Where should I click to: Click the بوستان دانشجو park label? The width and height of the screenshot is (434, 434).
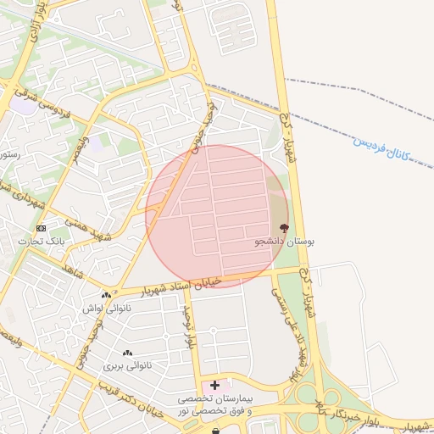pos(285,242)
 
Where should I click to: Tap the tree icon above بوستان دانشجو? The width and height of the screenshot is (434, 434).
pos(284,227)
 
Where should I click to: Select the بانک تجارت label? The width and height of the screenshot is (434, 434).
pos(42,242)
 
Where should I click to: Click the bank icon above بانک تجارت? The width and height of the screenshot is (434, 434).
pos(41,228)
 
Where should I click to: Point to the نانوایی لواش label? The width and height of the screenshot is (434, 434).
pos(105,308)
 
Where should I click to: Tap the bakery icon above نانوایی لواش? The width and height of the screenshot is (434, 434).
pos(106,295)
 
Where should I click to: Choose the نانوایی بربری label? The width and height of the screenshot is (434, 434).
pos(126,366)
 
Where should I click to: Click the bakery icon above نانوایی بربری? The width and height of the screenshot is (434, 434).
pos(127,353)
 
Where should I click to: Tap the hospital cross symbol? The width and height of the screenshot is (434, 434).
pos(215,385)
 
